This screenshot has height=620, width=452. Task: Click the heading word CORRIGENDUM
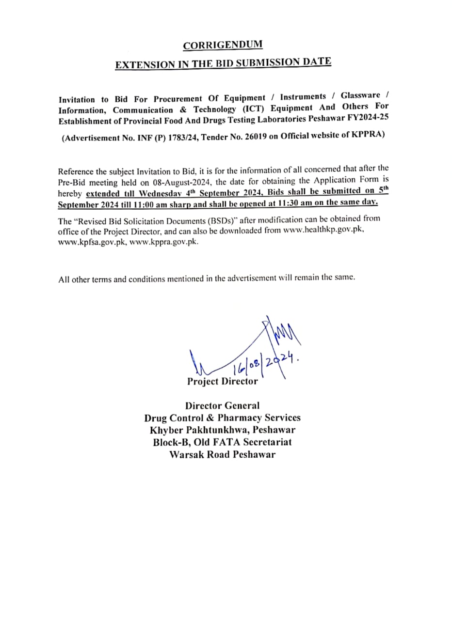pos(223,45)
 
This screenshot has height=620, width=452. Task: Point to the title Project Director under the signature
pos(223,381)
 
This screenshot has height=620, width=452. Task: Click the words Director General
pos(222,405)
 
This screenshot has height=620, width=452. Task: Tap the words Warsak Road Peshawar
pos(222,454)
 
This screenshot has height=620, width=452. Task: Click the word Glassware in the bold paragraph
pos(361,95)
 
